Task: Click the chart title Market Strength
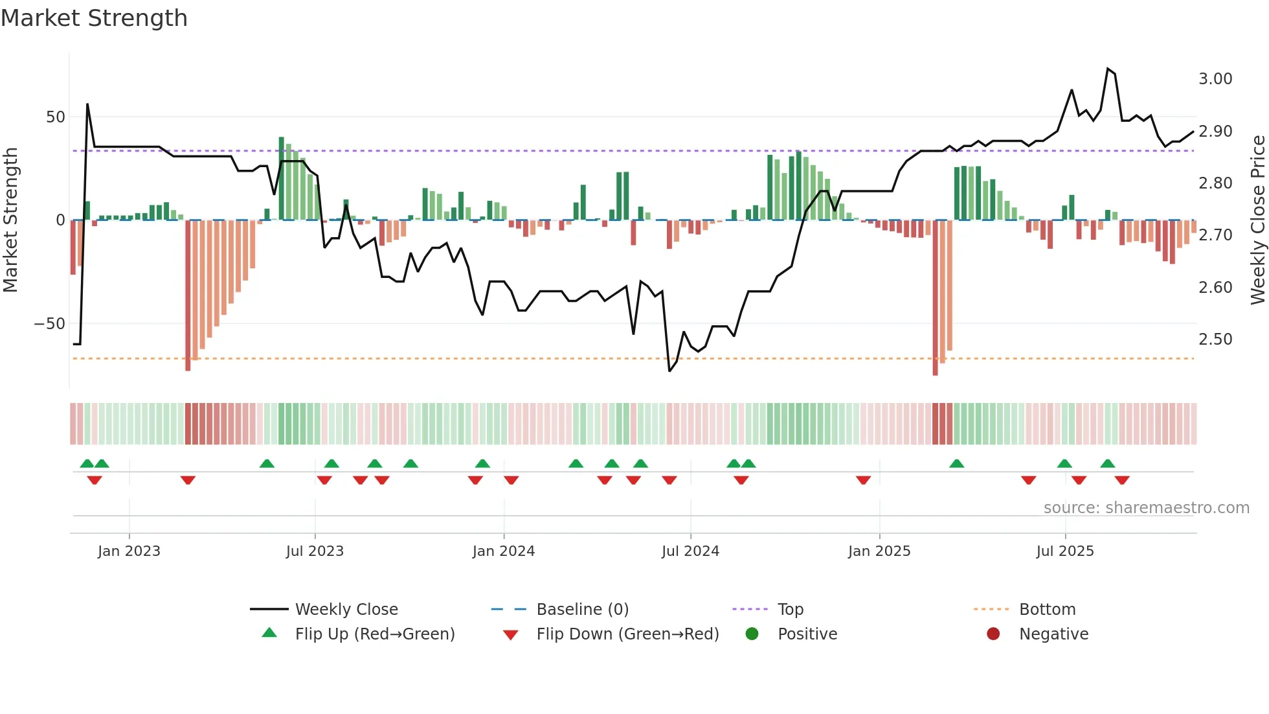pos(94,18)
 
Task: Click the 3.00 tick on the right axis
pos(1215,79)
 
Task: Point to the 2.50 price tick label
pos(1215,340)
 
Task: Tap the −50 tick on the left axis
pos(50,324)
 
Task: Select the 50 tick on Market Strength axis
pos(56,117)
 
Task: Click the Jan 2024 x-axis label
pos(503,551)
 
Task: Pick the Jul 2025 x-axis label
pos(1064,551)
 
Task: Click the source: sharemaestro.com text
pos(1146,508)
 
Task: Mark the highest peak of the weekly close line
pos(1108,69)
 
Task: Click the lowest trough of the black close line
pos(669,371)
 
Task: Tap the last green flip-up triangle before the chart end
pos(1107,464)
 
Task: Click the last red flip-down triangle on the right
pos(1122,480)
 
